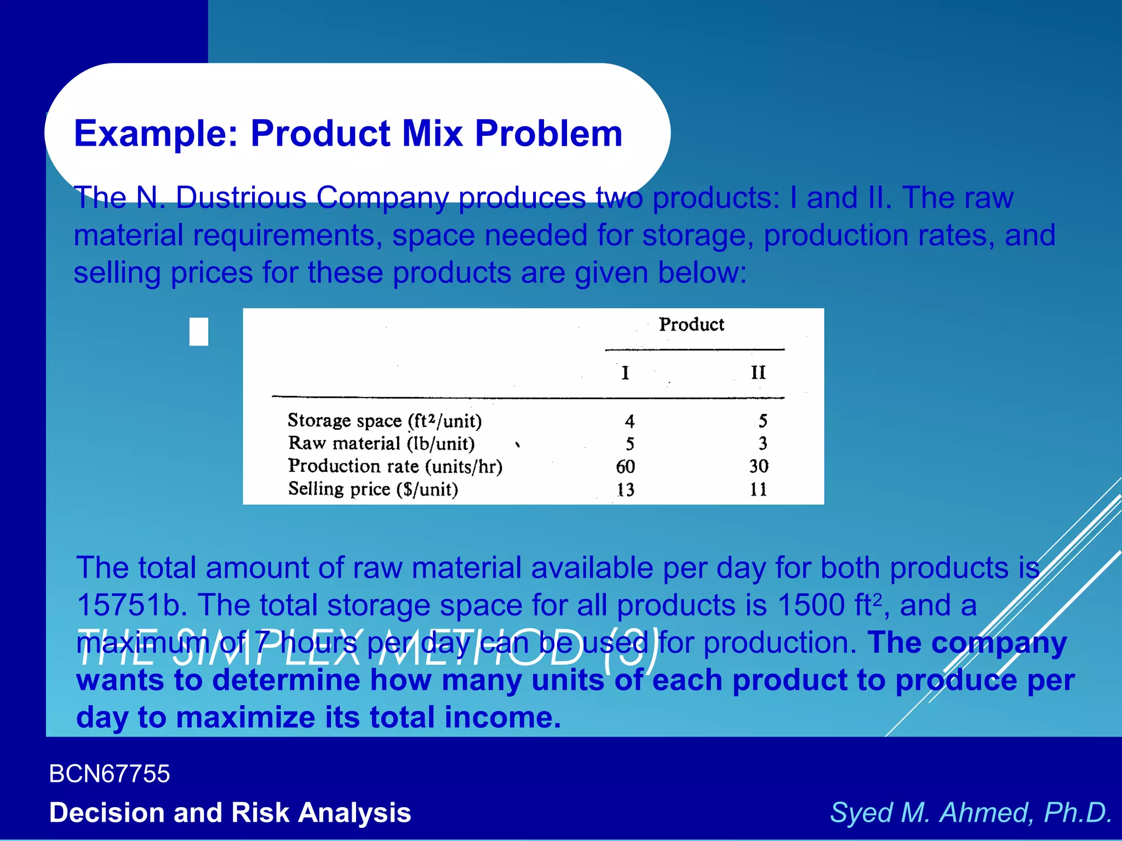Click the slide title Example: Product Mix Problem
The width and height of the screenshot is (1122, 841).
[x=348, y=134]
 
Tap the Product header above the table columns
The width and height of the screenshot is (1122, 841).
[x=691, y=325]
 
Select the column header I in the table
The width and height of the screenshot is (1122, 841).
[x=625, y=373]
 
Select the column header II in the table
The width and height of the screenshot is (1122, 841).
[x=758, y=373]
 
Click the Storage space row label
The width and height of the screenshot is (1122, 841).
[x=385, y=421]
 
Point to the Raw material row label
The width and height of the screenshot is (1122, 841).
[x=381, y=443]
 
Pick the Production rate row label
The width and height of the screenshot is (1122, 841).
[x=395, y=466]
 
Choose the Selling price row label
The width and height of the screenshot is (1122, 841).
[x=373, y=489]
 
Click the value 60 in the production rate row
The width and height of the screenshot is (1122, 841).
[x=625, y=466]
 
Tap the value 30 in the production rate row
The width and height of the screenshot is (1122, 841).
[x=759, y=466]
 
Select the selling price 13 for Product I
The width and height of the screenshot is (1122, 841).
[x=625, y=489]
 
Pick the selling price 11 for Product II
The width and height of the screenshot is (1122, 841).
[x=759, y=489]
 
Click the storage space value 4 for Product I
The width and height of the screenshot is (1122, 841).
[x=629, y=422]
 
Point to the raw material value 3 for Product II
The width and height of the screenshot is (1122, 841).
[x=763, y=443]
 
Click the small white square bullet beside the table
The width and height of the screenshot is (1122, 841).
[x=199, y=332]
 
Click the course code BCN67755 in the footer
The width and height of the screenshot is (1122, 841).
[x=110, y=774]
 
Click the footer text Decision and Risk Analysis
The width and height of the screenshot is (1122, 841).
[x=230, y=813]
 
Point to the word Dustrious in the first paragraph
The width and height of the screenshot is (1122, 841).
[x=241, y=198]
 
